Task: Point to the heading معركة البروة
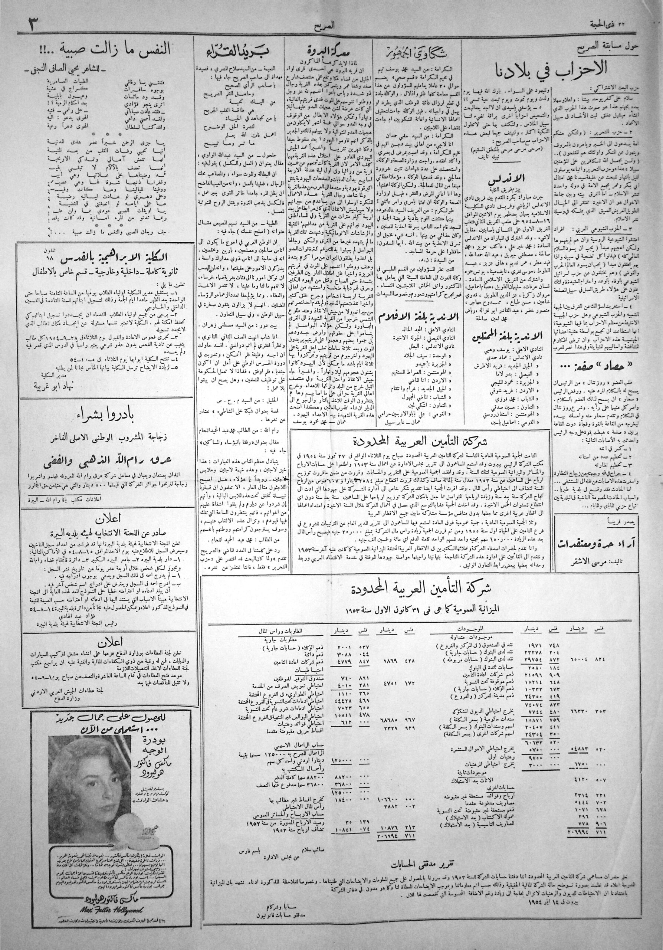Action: click(x=331, y=52)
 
